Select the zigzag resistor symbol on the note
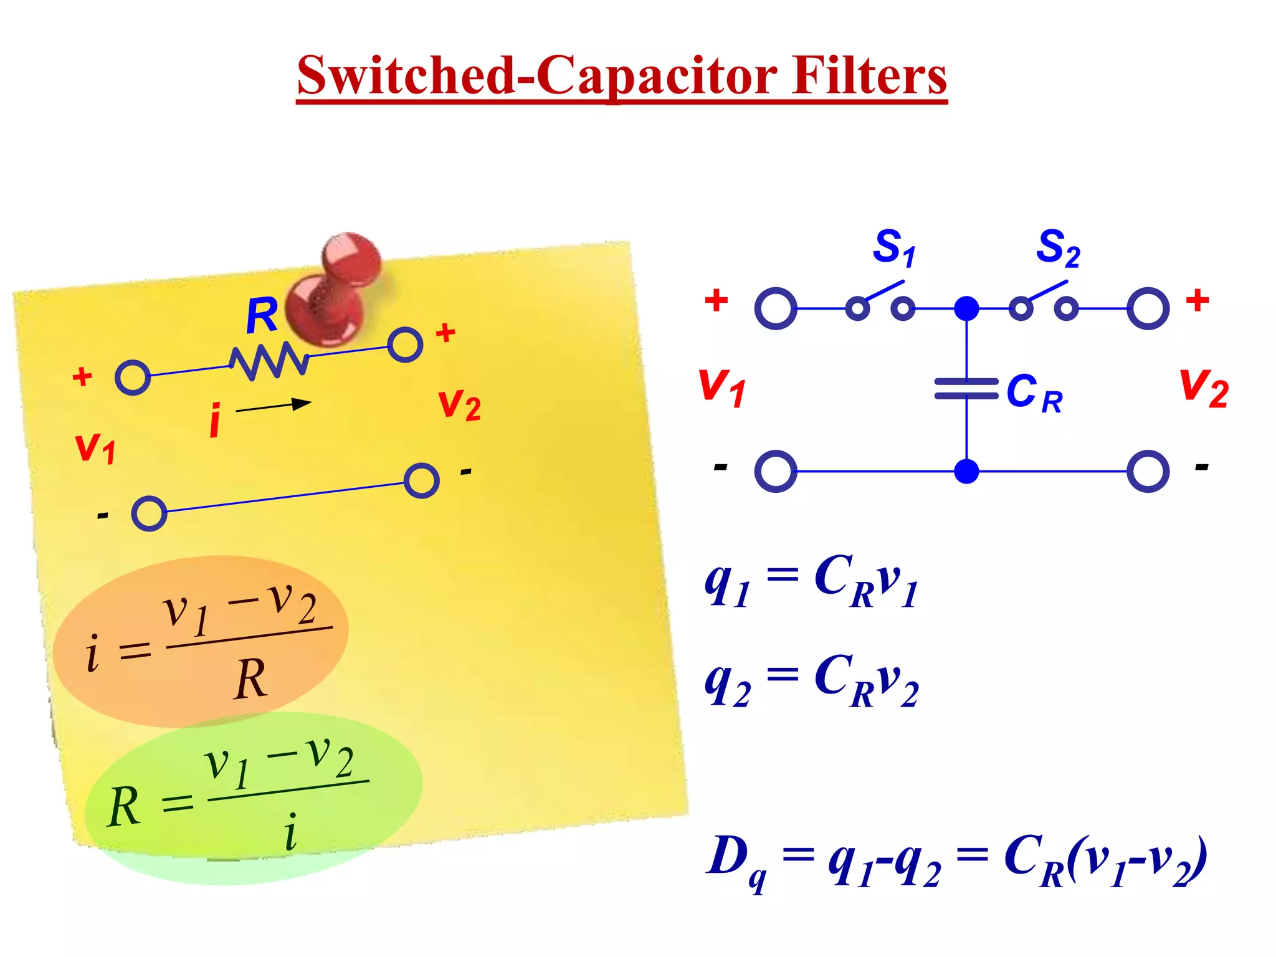[x=269, y=360]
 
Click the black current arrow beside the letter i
[x=274, y=406]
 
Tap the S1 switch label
[x=893, y=248]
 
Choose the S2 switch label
[x=1057, y=248]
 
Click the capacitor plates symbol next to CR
[x=966, y=388]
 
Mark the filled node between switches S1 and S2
[x=966, y=308]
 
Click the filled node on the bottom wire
[x=966, y=472]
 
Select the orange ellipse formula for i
[x=201, y=642]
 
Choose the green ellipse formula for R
[x=252, y=797]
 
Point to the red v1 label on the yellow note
[x=95, y=447]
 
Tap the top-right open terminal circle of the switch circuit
[x=1148, y=308]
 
